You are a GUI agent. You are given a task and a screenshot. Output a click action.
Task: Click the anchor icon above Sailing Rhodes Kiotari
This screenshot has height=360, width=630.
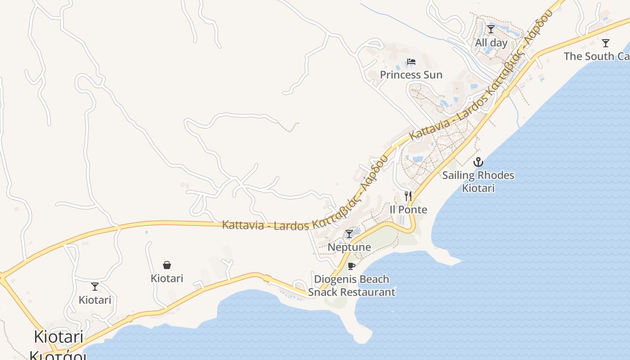tap(478, 162)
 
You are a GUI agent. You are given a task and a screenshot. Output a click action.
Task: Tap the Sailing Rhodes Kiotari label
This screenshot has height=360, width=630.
tap(478, 181)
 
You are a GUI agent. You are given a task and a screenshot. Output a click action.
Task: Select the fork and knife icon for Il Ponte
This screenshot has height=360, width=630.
tap(408, 196)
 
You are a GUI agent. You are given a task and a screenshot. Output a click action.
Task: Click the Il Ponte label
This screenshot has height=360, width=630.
tap(408, 210)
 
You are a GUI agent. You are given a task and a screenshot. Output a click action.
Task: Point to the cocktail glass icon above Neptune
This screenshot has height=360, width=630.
tap(349, 234)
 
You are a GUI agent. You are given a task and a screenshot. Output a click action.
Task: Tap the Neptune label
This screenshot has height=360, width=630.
tap(349, 247)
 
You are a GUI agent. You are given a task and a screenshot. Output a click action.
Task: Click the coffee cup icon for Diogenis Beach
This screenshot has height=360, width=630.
tap(351, 266)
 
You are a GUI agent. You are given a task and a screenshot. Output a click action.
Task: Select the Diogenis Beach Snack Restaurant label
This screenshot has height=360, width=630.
tap(351, 286)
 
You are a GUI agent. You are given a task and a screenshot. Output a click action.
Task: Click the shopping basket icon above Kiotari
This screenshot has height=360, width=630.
tap(167, 265)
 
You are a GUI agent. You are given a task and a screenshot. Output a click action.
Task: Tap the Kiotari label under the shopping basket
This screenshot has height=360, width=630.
tap(167, 279)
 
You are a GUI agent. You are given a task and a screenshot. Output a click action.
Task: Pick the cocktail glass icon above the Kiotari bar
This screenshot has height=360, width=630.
tap(95, 287)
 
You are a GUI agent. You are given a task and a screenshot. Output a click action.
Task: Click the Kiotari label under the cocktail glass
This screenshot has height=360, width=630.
tap(95, 300)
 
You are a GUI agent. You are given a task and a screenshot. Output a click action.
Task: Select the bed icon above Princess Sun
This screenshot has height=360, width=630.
tap(411, 62)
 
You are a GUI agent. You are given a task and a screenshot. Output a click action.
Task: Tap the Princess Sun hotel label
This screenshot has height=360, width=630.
tap(411, 75)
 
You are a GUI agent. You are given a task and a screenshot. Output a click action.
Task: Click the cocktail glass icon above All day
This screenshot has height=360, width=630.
tap(491, 30)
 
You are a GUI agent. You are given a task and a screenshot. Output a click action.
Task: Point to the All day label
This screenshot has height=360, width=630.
tap(491, 43)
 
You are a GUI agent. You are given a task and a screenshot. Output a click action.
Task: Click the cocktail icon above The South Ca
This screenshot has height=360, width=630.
tap(606, 43)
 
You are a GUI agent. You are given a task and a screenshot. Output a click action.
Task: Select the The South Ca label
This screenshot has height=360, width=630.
tap(596, 56)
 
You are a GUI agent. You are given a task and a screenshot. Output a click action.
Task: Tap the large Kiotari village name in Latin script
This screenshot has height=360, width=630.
tap(59, 337)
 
